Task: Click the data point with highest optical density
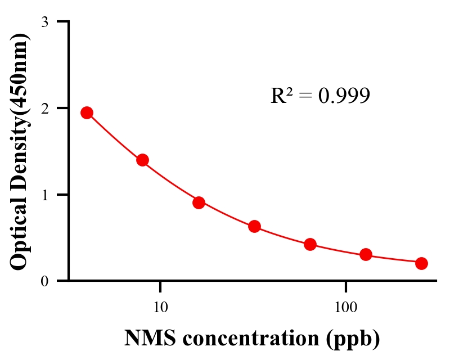[87, 112]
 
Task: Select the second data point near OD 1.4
[142, 160]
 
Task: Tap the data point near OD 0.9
[199, 202]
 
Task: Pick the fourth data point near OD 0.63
[254, 226]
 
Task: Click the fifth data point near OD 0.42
[310, 244]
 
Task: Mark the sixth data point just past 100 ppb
[366, 254]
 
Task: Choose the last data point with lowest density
[421, 263]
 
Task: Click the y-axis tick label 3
[44, 22]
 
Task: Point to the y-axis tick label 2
[44, 108]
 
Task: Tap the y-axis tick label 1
[44, 195]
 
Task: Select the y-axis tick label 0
[44, 281]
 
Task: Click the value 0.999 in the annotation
[344, 96]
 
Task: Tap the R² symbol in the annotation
[281, 96]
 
